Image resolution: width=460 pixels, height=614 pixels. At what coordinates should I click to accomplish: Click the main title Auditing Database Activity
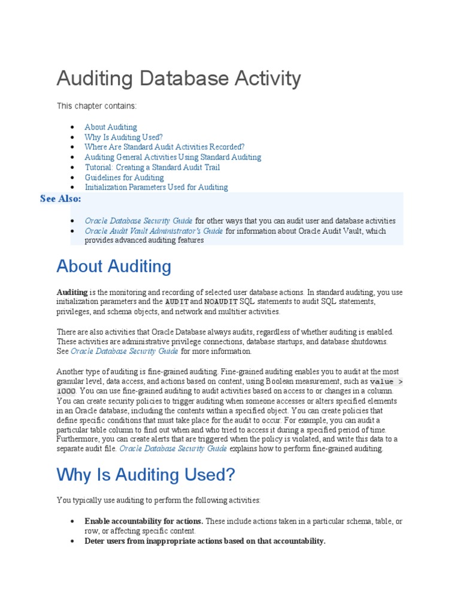(178, 79)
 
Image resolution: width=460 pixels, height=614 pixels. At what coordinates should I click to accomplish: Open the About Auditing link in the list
(111, 127)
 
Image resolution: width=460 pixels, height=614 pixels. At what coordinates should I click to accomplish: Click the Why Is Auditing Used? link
(123, 137)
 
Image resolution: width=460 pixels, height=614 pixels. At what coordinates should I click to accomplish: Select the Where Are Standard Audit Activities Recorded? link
(165, 147)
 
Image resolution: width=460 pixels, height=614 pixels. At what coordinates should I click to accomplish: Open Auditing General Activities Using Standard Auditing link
(172, 157)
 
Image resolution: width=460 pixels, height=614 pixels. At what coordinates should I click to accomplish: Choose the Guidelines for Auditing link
(124, 177)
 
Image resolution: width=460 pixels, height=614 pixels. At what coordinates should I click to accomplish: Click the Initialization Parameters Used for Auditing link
(156, 187)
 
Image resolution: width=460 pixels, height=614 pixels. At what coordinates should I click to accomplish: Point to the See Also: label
(60, 199)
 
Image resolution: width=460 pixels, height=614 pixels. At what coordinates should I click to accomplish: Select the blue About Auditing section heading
(114, 266)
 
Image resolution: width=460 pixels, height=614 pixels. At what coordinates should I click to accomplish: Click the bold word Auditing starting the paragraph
(72, 292)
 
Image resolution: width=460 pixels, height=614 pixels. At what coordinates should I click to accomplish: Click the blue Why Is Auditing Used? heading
(146, 475)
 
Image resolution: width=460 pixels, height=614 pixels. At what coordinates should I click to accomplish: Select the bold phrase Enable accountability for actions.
(144, 521)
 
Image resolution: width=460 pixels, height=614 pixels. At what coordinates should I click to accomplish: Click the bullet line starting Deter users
(205, 541)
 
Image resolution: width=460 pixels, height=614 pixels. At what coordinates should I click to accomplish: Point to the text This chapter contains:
(96, 106)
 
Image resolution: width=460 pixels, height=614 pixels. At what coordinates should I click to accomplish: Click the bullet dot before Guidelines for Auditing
(72, 177)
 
